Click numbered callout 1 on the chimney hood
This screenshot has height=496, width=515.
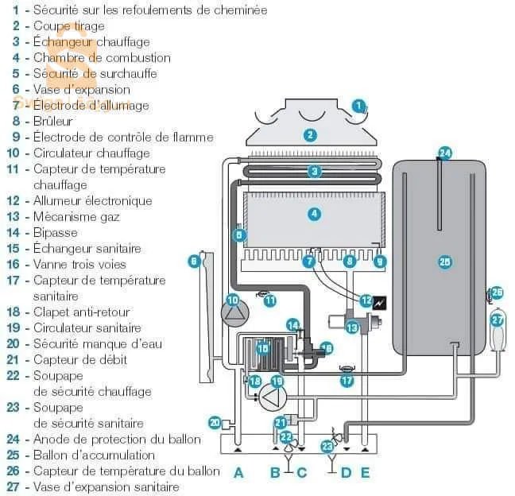359,105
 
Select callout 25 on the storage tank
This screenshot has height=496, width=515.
445,261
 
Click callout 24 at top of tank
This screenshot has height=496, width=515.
445,153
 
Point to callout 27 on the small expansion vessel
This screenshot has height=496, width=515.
498,320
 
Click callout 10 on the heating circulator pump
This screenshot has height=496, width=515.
233,300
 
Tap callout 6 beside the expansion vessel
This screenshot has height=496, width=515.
194,260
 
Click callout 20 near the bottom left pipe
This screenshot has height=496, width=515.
215,423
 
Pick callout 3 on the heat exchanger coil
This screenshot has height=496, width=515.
315,171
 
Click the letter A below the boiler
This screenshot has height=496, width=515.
238,473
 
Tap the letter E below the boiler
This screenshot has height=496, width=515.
365,473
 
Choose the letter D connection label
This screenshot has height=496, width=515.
346,473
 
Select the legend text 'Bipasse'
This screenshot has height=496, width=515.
56,233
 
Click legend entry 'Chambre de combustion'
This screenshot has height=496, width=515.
102,58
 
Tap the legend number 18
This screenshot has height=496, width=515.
13,312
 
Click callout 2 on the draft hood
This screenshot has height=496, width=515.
310,135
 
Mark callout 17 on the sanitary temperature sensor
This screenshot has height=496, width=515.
347,381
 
